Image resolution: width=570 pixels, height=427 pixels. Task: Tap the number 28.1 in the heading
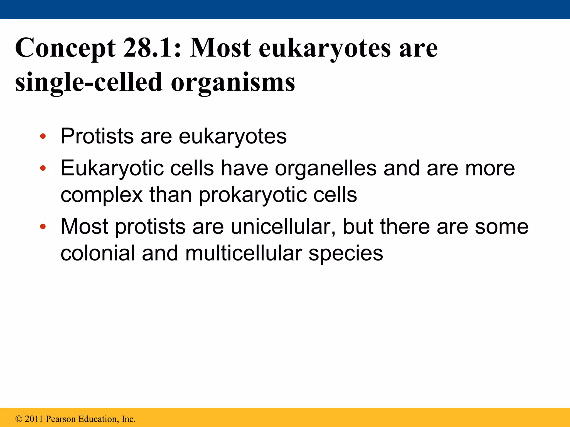tap(152, 48)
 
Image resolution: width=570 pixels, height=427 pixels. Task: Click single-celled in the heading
tap(89, 82)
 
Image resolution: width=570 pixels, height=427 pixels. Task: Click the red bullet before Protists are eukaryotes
tap(43, 136)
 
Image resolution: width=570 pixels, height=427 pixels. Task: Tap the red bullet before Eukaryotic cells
tap(43, 168)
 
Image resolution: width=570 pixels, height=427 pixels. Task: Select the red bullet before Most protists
tap(43, 227)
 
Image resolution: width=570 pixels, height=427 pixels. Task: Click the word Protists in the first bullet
tap(97, 136)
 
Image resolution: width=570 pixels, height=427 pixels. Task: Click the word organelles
tap(326, 168)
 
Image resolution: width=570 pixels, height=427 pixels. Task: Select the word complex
tap(102, 195)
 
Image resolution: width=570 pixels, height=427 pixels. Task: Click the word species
tap(346, 254)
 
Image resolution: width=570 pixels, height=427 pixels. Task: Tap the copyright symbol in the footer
tap(19, 419)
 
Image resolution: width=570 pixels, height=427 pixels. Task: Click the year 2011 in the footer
tap(34, 419)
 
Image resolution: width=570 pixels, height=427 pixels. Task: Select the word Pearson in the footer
tap(61, 419)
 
